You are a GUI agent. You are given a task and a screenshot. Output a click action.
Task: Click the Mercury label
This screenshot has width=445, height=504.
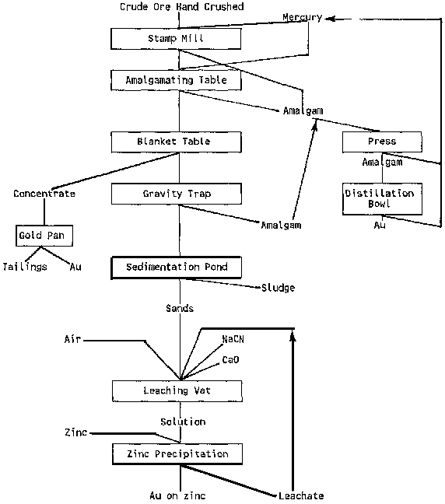pyautogui.click(x=302, y=17)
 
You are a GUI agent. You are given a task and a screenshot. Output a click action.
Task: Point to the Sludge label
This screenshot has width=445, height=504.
pyautogui.click(x=279, y=288)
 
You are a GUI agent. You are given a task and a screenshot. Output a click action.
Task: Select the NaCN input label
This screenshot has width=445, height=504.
pyautogui.click(x=233, y=339)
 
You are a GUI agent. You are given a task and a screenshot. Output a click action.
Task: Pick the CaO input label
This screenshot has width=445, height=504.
pyautogui.click(x=230, y=359)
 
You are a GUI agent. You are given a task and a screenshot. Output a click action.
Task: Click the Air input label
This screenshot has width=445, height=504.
pyautogui.click(x=72, y=339)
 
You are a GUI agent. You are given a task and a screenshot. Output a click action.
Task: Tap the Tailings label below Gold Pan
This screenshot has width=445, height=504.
pyautogui.click(x=25, y=267)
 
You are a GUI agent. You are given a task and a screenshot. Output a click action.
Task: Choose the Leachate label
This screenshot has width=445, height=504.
pyautogui.click(x=301, y=495)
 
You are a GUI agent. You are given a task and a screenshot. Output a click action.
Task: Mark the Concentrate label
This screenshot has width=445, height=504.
pyautogui.click(x=44, y=194)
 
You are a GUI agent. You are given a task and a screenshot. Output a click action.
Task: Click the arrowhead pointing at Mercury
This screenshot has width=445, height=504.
pyautogui.click(x=330, y=19)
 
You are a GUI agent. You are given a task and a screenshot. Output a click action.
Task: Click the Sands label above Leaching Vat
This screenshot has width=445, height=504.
pyautogui.click(x=180, y=309)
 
